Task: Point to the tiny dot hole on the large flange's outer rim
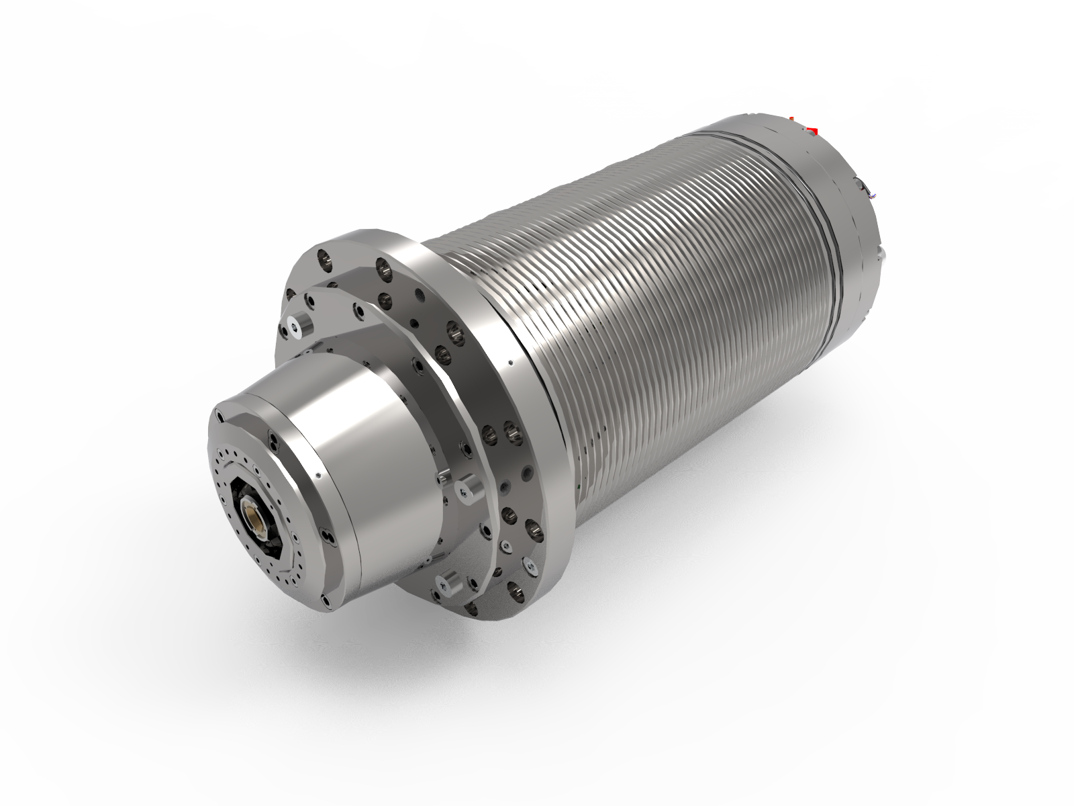click(x=511, y=363)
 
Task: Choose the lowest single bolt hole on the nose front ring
click(x=325, y=600)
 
